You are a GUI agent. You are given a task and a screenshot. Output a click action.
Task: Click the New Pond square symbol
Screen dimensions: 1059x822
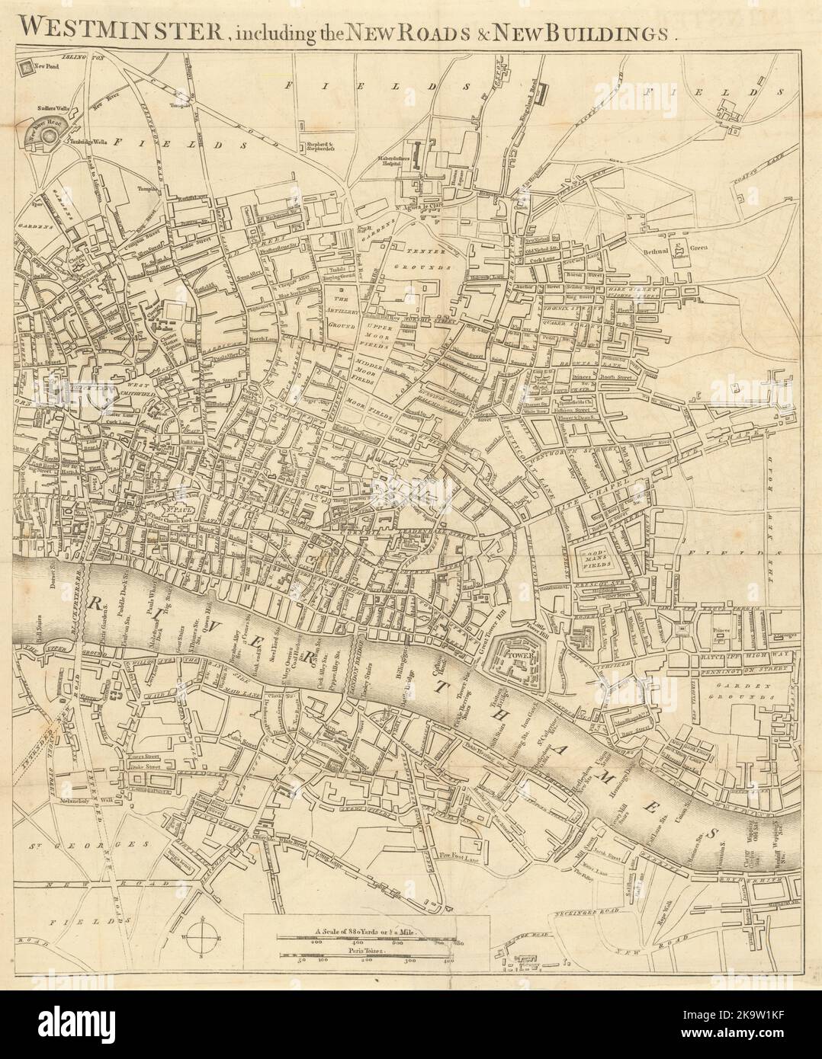pyautogui.click(x=27, y=68)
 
